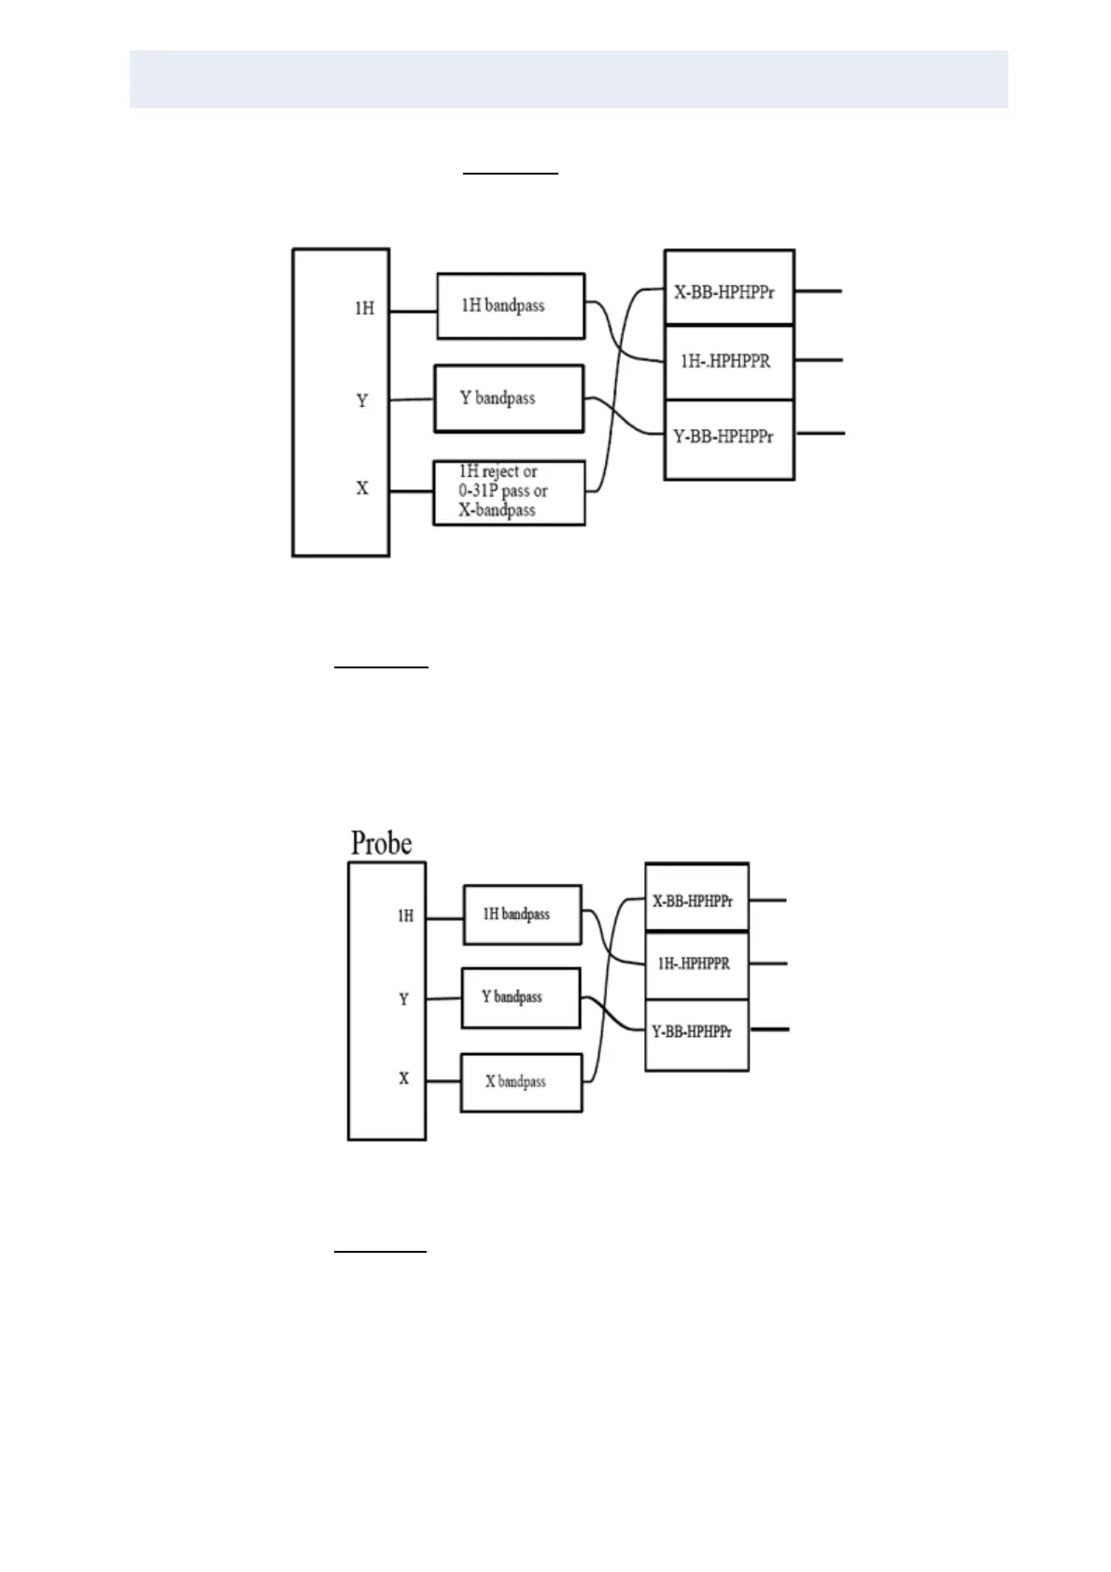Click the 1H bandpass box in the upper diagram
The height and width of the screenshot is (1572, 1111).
(510, 306)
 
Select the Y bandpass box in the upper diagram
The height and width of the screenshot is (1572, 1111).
(509, 399)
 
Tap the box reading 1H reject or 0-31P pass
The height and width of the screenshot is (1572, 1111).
(509, 492)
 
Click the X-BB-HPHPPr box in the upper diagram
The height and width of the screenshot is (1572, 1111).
(728, 290)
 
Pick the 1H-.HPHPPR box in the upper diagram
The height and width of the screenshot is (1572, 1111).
(728, 361)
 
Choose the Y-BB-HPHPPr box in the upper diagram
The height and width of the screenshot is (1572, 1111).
(728, 437)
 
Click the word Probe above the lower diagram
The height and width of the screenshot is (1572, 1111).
(381, 843)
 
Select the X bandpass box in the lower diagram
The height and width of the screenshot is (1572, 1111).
(521, 1082)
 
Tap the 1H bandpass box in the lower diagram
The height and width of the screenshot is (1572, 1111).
(522, 915)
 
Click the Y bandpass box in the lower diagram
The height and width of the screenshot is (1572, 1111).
(520, 997)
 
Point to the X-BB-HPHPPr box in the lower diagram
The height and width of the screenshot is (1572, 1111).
(696, 901)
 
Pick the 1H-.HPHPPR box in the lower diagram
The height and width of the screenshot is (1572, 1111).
(696, 963)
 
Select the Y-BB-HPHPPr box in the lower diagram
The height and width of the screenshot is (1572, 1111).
(696, 1032)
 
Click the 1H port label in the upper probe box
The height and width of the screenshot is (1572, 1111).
(364, 308)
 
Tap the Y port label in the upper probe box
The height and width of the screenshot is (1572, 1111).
(362, 400)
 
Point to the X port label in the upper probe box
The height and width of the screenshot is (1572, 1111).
(362, 488)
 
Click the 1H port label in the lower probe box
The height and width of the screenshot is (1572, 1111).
(405, 917)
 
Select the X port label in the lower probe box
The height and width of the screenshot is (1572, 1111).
(404, 1078)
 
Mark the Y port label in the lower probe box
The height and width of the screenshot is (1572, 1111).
(404, 999)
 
